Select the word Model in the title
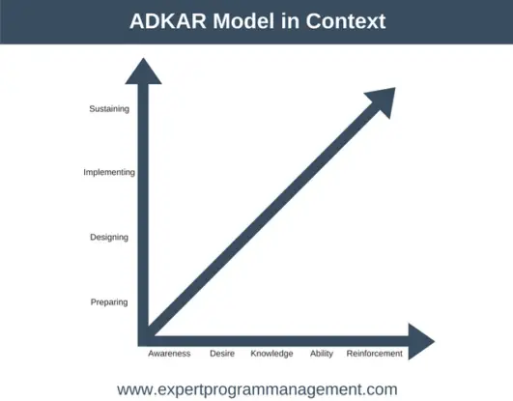[242, 20]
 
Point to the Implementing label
[108, 172]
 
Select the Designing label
[108, 237]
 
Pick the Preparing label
[108, 301]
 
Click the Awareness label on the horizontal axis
[168, 354]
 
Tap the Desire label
[221, 354]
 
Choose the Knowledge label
[271, 354]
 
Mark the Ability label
[322, 354]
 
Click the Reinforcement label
[374, 354]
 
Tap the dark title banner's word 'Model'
[242, 20]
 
